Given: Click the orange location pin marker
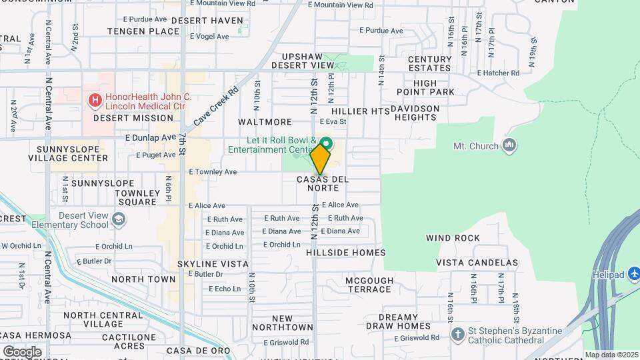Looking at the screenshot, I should click(320, 159).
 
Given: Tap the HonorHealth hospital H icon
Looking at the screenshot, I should click(95, 101).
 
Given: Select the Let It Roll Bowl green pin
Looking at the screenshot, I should click(326, 143).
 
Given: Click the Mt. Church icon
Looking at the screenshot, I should click(509, 145).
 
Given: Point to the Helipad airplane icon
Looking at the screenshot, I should click(634, 275).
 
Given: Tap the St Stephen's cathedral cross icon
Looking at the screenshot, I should click(457, 333).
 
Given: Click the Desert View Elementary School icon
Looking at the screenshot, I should click(118, 219).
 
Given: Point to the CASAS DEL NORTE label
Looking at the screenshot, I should click(323, 183).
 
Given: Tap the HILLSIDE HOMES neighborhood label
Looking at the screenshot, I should click(346, 253).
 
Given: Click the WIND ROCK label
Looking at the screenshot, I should click(453, 238).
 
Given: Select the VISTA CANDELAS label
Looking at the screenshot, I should click(477, 263).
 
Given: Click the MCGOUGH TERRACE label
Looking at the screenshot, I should click(369, 285).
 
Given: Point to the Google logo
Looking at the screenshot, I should click(21, 351).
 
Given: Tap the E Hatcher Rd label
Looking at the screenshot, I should click(498, 73).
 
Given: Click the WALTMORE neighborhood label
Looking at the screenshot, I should click(265, 122).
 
